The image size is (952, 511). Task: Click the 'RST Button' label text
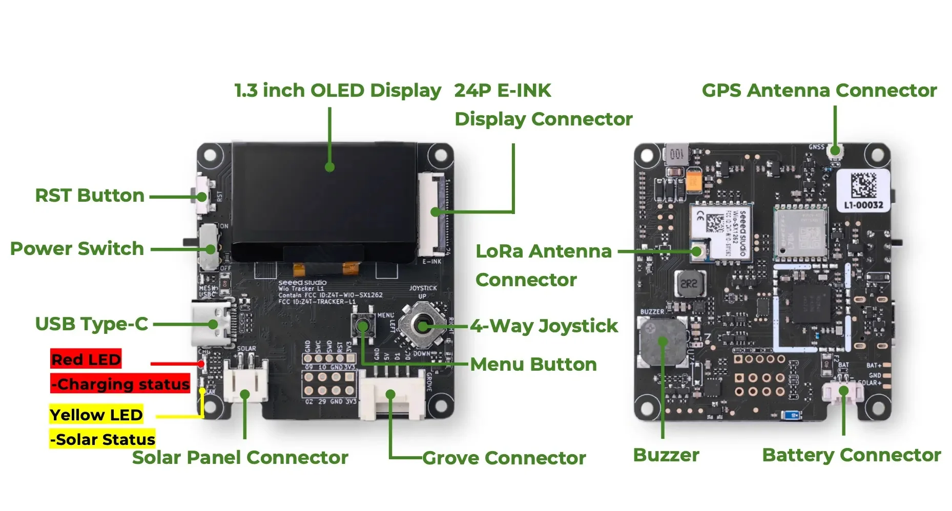(x=90, y=196)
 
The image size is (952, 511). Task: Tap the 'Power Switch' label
(x=77, y=249)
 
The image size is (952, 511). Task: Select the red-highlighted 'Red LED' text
(x=86, y=359)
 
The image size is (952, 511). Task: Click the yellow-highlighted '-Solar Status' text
(x=102, y=439)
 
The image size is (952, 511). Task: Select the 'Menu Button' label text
(x=533, y=365)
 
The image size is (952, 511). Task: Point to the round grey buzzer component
(x=663, y=341)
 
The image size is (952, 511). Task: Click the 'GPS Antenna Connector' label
(x=819, y=91)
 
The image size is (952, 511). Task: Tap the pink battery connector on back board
(x=843, y=392)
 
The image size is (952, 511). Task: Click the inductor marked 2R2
(x=690, y=284)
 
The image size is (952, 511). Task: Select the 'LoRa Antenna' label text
(x=544, y=251)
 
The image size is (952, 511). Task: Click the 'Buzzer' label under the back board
(x=666, y=455)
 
